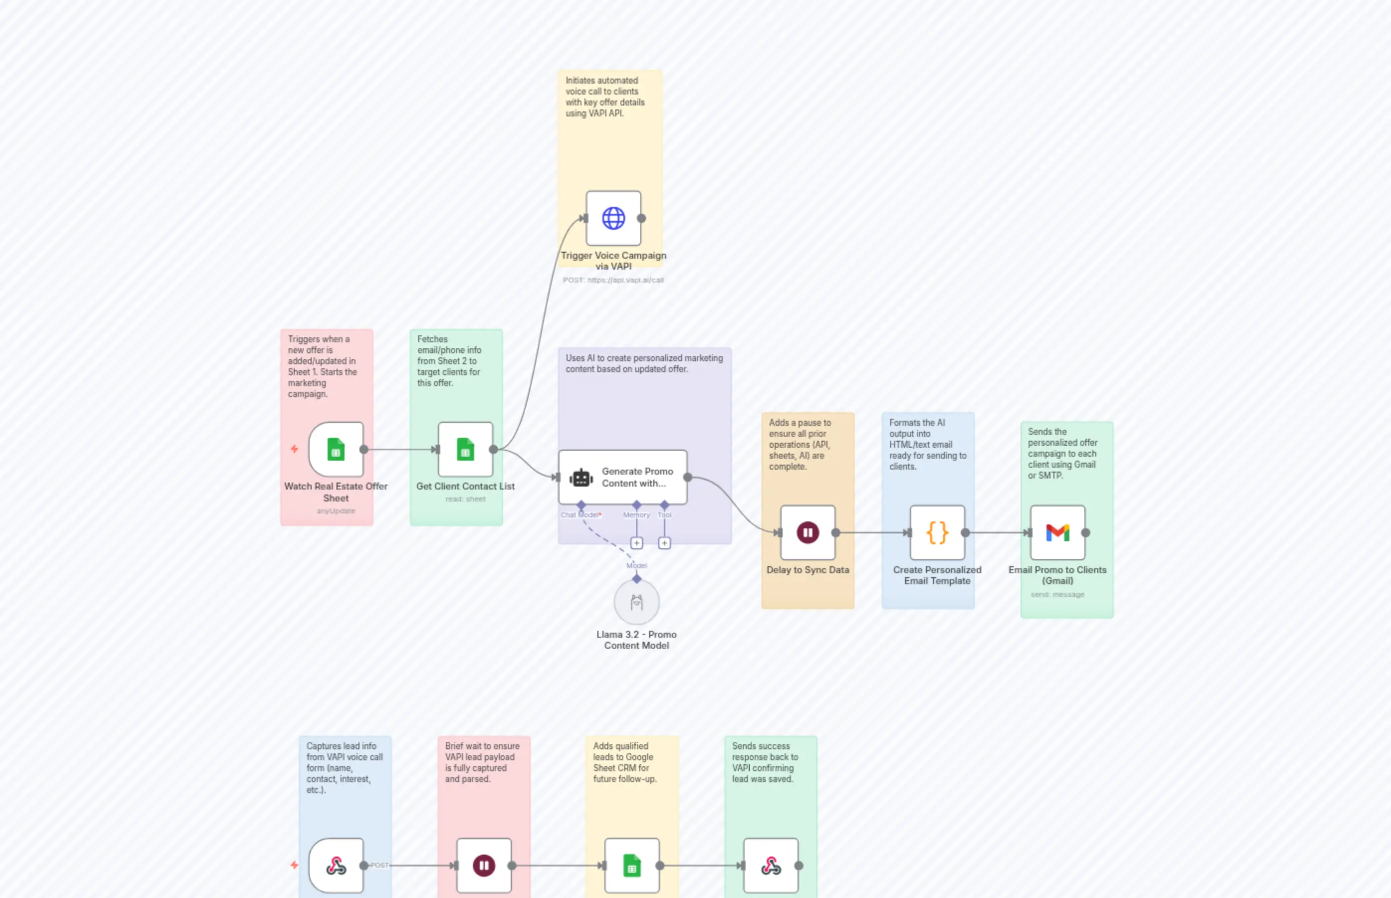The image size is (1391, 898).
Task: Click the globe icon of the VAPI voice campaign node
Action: (613, 218)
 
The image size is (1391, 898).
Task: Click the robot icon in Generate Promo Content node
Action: (580, 478)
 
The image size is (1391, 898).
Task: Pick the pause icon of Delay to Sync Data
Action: (808, 532)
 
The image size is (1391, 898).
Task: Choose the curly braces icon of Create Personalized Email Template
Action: (937, 532)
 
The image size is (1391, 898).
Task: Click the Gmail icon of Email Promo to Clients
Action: (1057, 532)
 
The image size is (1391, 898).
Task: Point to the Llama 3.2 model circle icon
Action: (637, 602)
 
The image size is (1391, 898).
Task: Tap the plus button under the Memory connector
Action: (637, 543)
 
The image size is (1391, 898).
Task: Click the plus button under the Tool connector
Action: (664, 543)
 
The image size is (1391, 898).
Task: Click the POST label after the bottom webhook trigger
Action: (380, 865)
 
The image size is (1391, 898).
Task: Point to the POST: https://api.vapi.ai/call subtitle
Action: (613, 280)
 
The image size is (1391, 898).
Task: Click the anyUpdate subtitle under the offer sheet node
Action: (336, 511)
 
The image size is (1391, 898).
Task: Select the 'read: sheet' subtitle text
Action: (465, 499)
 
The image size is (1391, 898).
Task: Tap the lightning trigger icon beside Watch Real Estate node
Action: (294, 449)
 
